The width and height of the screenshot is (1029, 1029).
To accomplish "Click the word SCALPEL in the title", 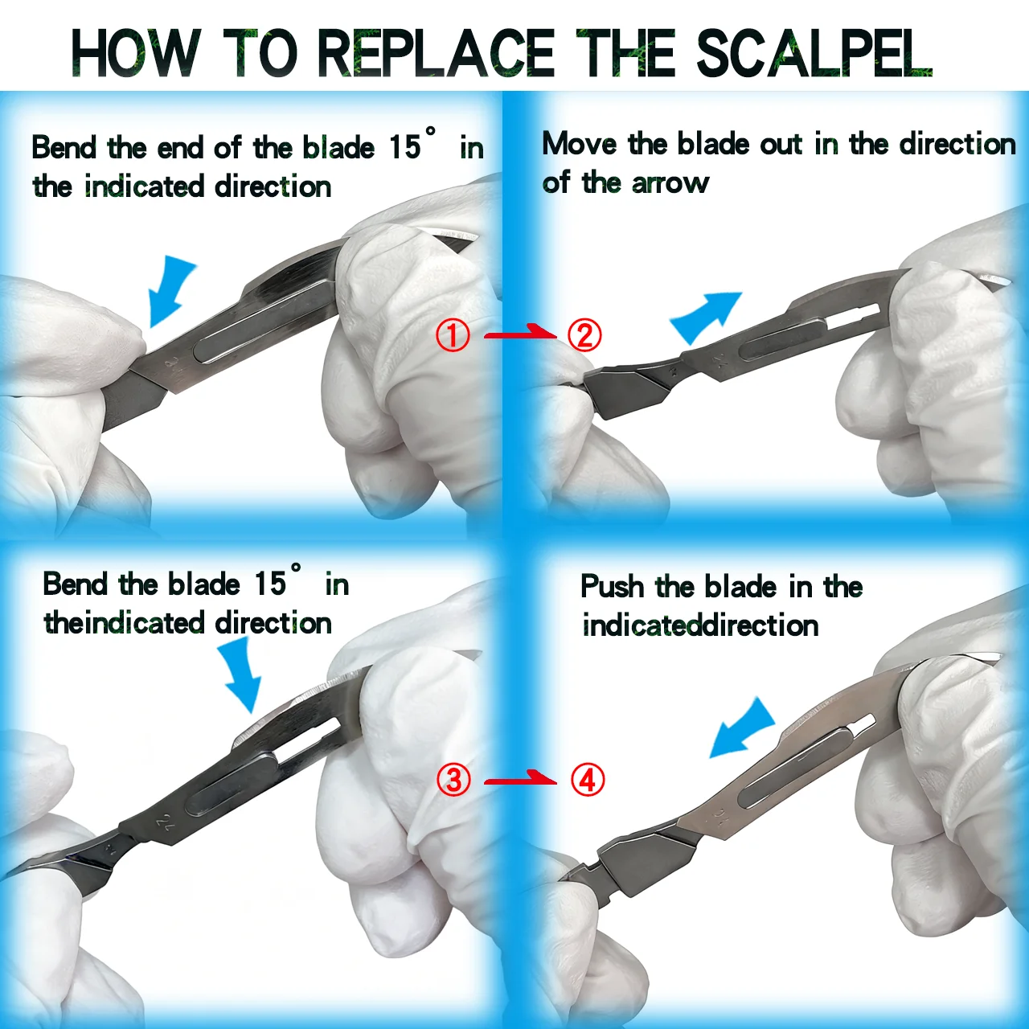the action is [x=814, y=53].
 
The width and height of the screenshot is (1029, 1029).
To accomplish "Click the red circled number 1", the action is [x=453, y=335].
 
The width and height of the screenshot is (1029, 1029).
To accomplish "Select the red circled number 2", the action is [x=584, y=335].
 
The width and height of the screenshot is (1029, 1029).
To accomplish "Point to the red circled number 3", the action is [x=453, y=780].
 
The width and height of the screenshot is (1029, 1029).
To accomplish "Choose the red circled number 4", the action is [x=588, y=780].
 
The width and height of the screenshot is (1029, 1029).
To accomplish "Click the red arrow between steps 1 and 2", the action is [x=520, y=332].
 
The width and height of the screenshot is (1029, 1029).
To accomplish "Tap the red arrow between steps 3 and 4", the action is [x=520, y=778].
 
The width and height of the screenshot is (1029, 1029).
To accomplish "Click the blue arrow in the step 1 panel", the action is [x=170, y=289].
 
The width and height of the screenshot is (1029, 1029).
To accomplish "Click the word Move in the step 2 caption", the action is [x=580, y=144].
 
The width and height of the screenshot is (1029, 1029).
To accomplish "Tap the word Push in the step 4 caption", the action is [x=612, y=587].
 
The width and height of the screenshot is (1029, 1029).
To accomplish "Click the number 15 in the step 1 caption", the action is [x=404, y=147].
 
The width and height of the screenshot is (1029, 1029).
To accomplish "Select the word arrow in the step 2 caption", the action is [x=670, y=183].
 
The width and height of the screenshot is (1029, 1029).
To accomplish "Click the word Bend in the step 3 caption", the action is [x=76, y=584].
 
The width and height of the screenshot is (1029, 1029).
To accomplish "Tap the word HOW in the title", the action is [x=136, y=53].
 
